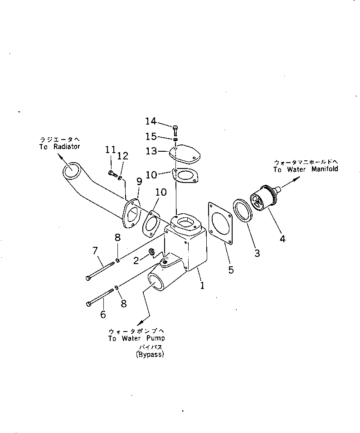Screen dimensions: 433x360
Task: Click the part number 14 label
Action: (x=151, y=121)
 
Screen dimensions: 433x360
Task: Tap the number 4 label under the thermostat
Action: (x=282, y=239)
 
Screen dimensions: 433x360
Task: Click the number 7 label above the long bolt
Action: (x=95, y=250)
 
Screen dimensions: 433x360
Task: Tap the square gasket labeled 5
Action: (x=220, y=223)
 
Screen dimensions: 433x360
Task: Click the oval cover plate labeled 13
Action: (x=185, y=155)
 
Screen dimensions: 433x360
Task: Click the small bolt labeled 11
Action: (x=112, y=173)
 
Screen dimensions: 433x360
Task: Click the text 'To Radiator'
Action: (x=59, y=147)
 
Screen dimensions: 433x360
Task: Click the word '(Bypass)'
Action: (x=150, y=355)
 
